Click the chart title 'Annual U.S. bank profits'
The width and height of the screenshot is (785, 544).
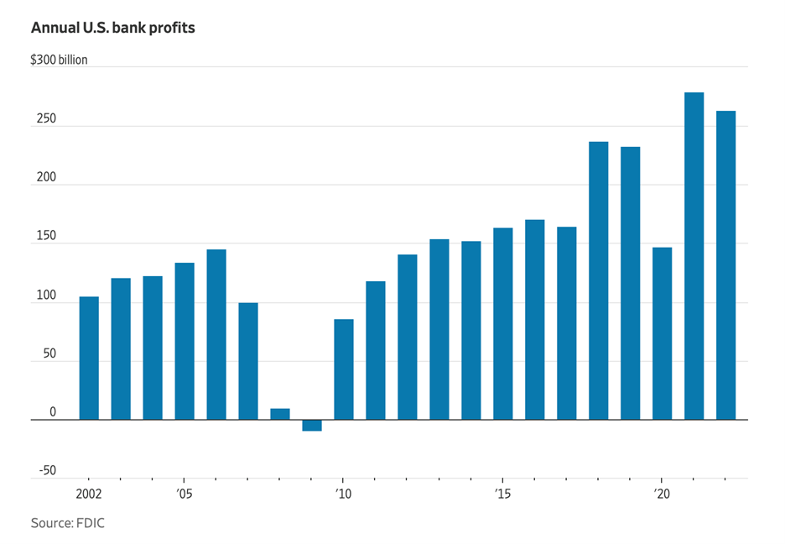pos(113,28)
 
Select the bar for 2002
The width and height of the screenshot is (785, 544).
pos(89,358)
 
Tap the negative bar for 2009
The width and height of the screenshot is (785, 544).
pos(312,425)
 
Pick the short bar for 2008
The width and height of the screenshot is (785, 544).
pos(280,414)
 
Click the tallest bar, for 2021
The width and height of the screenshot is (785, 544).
pos(694,256)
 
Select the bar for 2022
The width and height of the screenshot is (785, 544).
pos(725,265)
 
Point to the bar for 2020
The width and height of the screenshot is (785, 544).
pos(662,333)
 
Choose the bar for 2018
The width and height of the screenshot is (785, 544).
pos(598,280)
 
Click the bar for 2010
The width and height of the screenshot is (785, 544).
pos(344,369)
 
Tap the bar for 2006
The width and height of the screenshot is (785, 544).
pos(216,334)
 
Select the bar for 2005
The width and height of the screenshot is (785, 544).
pos(185,341)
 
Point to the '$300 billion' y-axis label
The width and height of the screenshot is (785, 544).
pos(60,60)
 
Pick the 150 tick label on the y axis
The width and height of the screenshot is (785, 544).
pos(46,237)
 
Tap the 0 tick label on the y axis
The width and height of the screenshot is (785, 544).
pos(52,413)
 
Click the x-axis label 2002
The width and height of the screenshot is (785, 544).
pos(89,494)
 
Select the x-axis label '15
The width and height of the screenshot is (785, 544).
pos(502,494)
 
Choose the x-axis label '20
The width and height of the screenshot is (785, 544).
pos(662,494)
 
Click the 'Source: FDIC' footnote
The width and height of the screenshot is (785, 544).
pos(68,523)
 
